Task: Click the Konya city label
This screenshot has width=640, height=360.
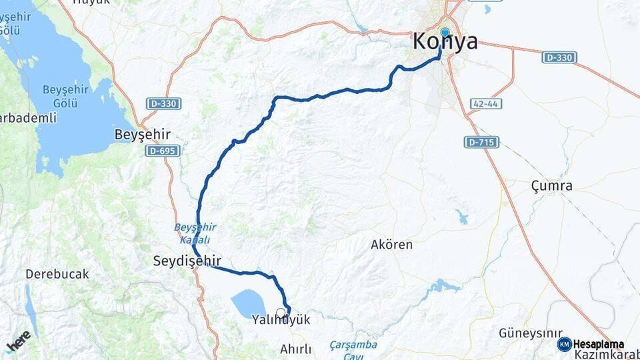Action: pos(445,42)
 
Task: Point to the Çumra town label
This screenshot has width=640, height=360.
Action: pos(551,186)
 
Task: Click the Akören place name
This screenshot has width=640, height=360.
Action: pos(391,245)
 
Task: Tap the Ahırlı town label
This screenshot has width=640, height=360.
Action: pos(296,349)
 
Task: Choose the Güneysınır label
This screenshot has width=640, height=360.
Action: pos(527,333)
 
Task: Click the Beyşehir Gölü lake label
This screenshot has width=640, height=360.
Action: pos(61,97)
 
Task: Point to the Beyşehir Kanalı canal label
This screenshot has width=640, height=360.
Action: pos(195,233)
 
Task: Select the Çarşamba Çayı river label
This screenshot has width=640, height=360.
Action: pos(353,350)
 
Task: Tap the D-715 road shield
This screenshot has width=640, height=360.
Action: pos(481,142)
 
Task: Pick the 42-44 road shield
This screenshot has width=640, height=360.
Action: pos(485,104)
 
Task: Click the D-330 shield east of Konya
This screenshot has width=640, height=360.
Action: pos(559,57)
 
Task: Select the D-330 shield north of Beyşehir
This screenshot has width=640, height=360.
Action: pos(163,104)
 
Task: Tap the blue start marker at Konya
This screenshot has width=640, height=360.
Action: pos(445,31)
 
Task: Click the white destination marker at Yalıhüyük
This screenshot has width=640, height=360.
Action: pos(281,312)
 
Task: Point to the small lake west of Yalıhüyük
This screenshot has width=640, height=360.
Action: pos(248,303)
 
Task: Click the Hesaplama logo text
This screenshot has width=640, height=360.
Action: pos(599,344)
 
